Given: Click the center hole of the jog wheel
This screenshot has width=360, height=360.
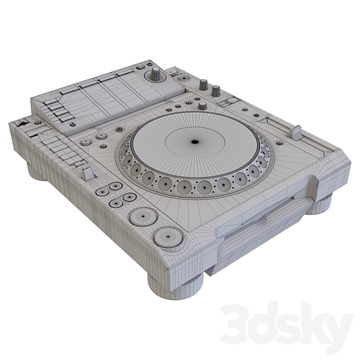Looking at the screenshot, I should tap(194, 142).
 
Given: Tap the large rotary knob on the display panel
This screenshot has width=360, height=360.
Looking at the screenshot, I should tap(154, 76).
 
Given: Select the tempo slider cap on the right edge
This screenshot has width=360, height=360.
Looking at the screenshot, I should tap(294, 130).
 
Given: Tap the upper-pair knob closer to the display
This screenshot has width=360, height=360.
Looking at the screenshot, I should tap(203, 85).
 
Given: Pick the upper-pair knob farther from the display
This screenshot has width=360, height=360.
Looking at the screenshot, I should tap(215, 89).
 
